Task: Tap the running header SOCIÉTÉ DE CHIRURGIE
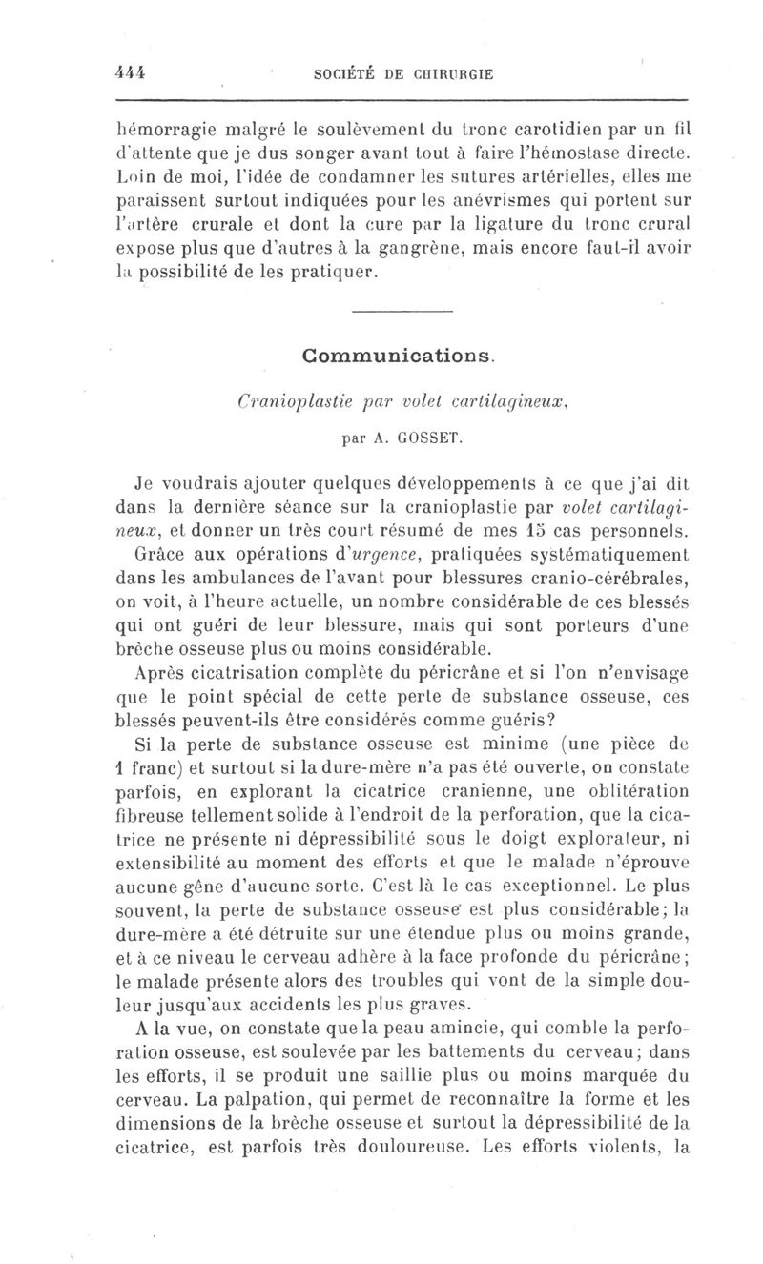point(403,76)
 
